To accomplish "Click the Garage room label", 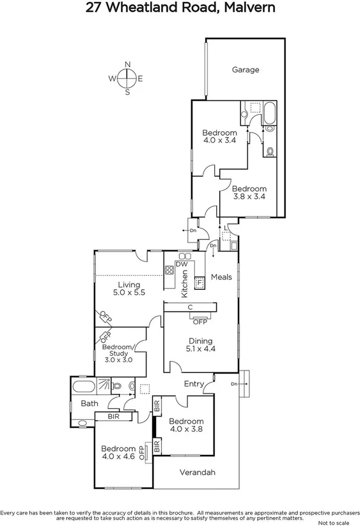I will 246,70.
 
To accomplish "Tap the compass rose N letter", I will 128,65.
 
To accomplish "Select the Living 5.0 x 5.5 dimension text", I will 129,292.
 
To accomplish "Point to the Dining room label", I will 200,341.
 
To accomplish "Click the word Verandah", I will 197,473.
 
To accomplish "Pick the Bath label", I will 89,403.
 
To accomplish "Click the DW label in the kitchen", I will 181,264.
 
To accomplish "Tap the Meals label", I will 221,278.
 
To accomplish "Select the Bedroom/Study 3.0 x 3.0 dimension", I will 119,360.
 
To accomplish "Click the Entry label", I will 194,384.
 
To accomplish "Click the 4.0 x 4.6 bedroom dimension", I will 119,456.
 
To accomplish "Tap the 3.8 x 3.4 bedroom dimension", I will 249,197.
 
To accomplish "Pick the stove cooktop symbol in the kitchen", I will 170,270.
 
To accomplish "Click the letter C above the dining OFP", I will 191,307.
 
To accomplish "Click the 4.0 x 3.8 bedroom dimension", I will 186,429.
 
